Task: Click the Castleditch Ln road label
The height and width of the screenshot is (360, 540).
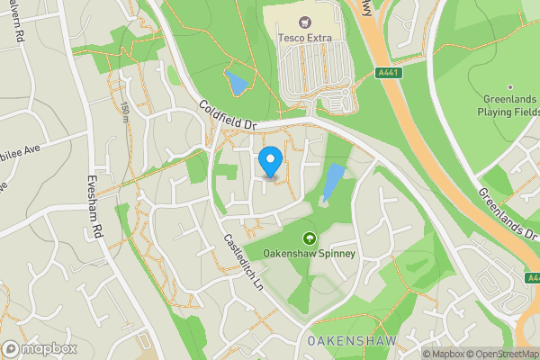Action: (x=242, y=261)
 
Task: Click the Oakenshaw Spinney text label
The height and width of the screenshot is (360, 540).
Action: (x=310, y=254)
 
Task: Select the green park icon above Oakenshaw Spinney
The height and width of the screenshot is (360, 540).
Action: (x=310, y=238)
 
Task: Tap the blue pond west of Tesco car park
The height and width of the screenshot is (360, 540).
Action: (x=237, y=85)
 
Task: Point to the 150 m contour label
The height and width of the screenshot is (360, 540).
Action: (x=124, y=112)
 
